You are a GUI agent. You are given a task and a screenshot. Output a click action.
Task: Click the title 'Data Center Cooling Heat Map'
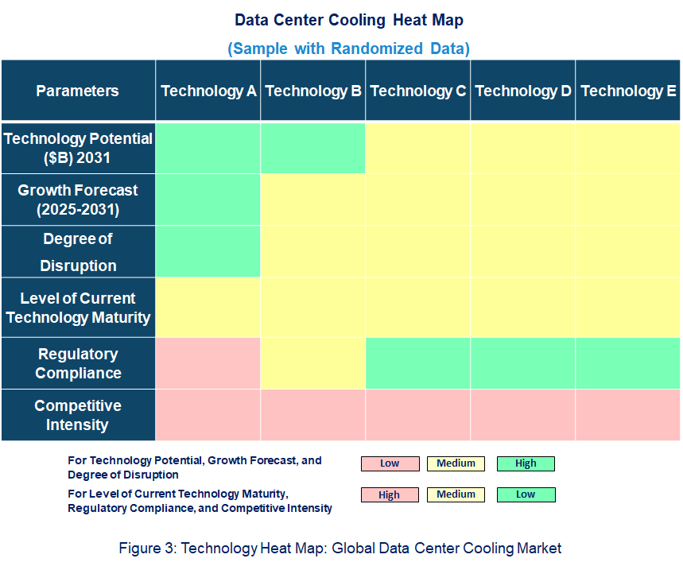click(x=348, y=19)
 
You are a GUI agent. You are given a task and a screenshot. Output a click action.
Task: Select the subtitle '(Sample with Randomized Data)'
click(x=348, y=48)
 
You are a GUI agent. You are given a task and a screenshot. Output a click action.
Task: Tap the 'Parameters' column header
click(x=77, y=91)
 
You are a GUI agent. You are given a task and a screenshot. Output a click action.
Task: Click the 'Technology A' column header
click(x=208, y=91)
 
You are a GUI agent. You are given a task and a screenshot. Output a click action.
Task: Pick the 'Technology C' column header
click(x=418, y=91)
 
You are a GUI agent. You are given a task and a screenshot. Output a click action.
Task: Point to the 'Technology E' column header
click(x=628, y=91)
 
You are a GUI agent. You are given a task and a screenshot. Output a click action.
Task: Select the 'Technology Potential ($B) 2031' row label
click(x=77, y=148)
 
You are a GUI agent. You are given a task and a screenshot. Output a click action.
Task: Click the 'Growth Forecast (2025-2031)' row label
click(x=77, y=200)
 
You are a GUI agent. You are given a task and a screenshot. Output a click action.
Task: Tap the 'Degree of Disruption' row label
click(x=77, y=252)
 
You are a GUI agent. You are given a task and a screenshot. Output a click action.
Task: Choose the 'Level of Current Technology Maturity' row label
click(x=77, y=308)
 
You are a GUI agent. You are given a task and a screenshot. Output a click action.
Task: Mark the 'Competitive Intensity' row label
click(x=77, y=415)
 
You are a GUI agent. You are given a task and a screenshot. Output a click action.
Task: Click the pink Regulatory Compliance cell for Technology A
click(x=208, y=363)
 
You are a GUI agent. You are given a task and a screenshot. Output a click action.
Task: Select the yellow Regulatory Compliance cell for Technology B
click(x=313, y=363)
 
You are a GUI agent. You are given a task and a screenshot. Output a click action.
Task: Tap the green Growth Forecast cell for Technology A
click(x=208, y=200)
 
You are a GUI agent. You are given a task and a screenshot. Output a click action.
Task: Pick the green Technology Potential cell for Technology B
click(x=313, y=148)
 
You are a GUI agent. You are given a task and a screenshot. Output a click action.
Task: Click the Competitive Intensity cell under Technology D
click(x=523, y=415)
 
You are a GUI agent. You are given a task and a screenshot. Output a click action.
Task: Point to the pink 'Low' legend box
click(x=390, y=463)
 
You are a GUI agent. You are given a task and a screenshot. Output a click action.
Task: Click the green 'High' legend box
click(x=526, y=463)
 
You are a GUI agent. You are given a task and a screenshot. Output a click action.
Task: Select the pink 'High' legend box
click(x=390, y=494)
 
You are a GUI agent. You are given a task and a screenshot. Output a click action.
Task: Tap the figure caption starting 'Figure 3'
click(x=340, y=548)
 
